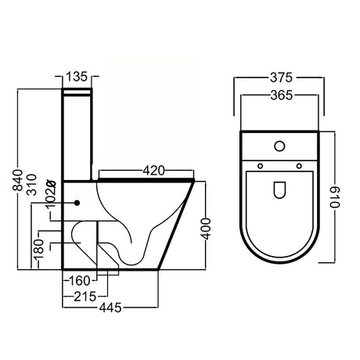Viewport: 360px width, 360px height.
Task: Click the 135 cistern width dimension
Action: pos(77,77)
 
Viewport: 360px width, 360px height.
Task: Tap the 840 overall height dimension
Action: pos(19,180)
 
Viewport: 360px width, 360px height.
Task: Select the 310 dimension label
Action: pos(32,185)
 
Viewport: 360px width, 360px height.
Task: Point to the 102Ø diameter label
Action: pos(51,193)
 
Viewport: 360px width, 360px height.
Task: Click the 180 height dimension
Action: pos(38,250)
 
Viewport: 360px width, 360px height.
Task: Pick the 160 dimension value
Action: pos(79,281)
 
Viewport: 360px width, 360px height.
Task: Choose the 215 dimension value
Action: pos(85,297)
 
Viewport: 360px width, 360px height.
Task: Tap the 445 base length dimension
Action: pos(110,308)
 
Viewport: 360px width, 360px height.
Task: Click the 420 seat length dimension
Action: pos(153,171)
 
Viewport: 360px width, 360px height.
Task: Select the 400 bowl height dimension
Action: pos(207,229)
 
